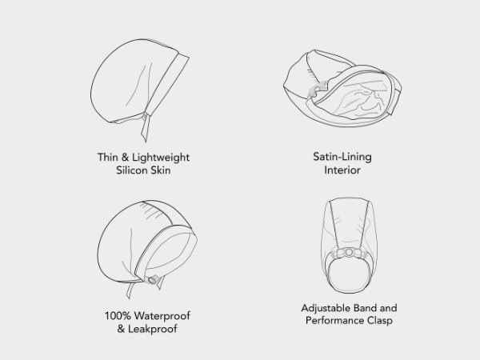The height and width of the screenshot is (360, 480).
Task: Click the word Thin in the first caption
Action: (x=107, y=157)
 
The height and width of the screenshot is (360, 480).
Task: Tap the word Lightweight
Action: (x=161, y=158)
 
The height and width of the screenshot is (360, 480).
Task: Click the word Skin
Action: (x=161, y=170)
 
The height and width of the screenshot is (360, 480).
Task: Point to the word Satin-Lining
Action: (x=342, y=157)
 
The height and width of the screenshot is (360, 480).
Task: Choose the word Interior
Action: (x=342, y=170)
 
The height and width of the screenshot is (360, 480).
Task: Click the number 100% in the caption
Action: (x=118, y=316)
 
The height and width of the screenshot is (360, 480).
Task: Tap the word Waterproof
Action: (x=162, y=316)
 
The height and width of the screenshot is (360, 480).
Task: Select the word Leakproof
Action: (x=153, y=329)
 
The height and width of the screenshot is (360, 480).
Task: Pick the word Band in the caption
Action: (x=365, y=308)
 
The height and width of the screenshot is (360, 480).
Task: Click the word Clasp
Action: (x=380, y=321)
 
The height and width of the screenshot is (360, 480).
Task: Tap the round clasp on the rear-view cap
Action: (x=349, y=253)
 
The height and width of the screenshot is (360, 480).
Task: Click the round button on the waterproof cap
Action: (x=152, y=280)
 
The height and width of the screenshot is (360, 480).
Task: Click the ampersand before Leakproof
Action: (x=121, y=329)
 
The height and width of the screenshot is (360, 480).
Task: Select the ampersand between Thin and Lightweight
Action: (x=125, y=158)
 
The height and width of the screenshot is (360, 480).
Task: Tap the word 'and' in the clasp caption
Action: (x=389, y=308)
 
